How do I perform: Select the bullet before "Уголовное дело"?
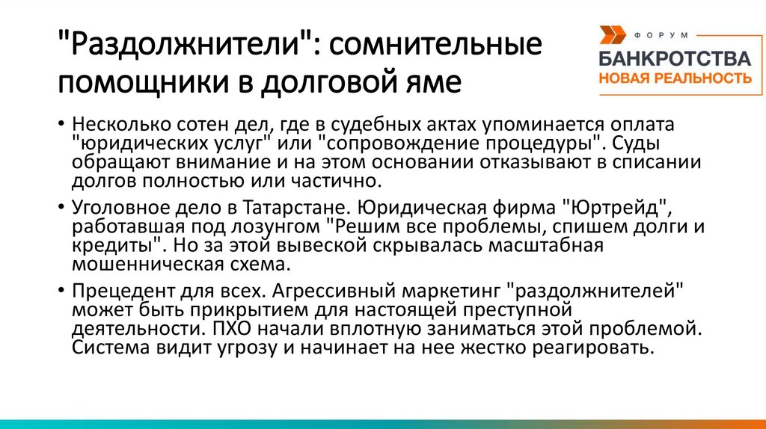coord(60,206)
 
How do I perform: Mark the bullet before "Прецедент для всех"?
coord(60,290)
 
